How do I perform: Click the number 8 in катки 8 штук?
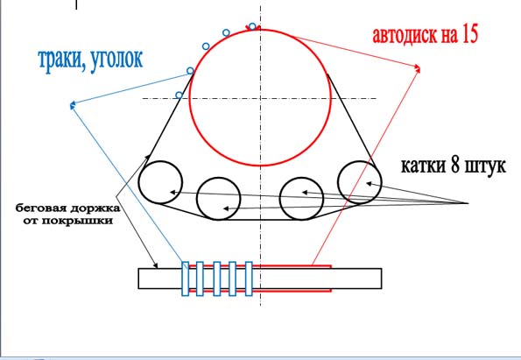coord(455,165)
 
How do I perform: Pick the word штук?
coord(485,166)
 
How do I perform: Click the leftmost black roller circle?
coord(139,182)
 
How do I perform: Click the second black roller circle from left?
coord(197,199)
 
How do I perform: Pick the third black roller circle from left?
coord(280,199)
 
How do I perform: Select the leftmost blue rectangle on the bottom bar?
coord(186,279)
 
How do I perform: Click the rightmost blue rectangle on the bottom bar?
coord(249,279)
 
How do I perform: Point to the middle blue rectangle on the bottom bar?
coord(216,279)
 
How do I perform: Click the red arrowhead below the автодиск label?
coord(418,68)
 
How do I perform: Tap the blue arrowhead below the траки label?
coord(73,105)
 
